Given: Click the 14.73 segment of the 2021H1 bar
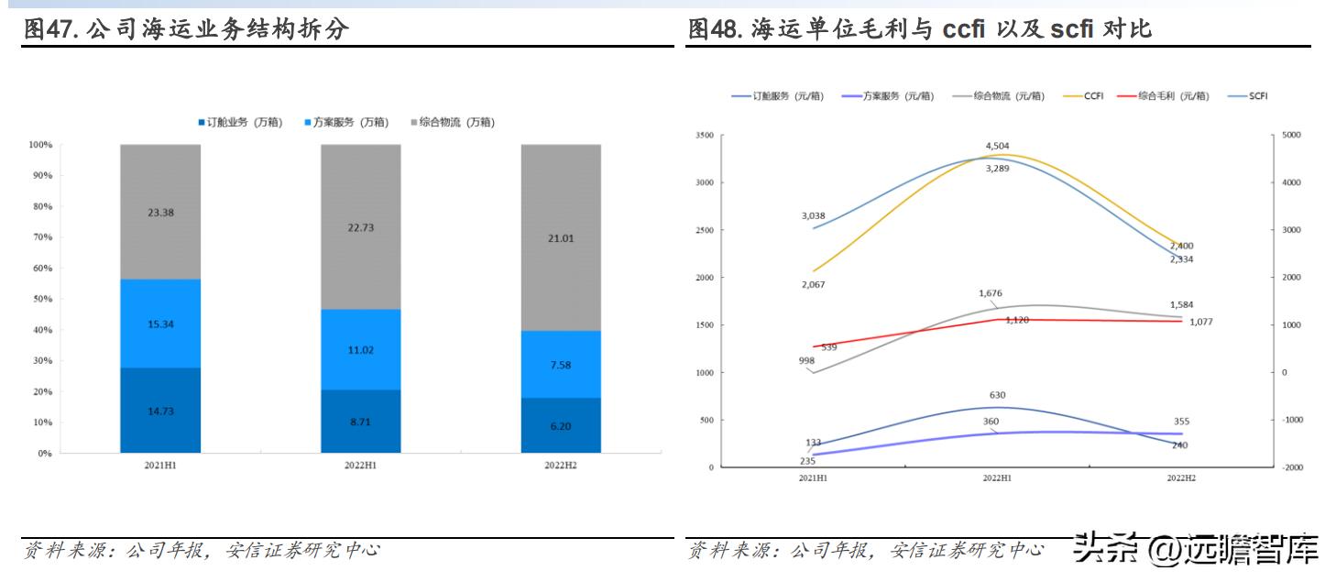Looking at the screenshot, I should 160,411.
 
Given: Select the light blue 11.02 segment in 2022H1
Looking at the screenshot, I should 360,349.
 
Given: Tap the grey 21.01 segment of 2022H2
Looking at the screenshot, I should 561,237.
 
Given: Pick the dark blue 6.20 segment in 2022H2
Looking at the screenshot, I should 561,426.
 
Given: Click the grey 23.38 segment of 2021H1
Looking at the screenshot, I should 160,212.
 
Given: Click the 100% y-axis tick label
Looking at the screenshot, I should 39,145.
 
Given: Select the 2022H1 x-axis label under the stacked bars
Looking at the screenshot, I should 360,466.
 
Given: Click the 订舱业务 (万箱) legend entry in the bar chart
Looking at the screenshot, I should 240,122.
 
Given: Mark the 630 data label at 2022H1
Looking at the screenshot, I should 997,395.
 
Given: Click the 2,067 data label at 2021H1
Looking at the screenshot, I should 813,286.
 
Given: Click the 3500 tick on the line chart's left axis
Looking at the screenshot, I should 705,135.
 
